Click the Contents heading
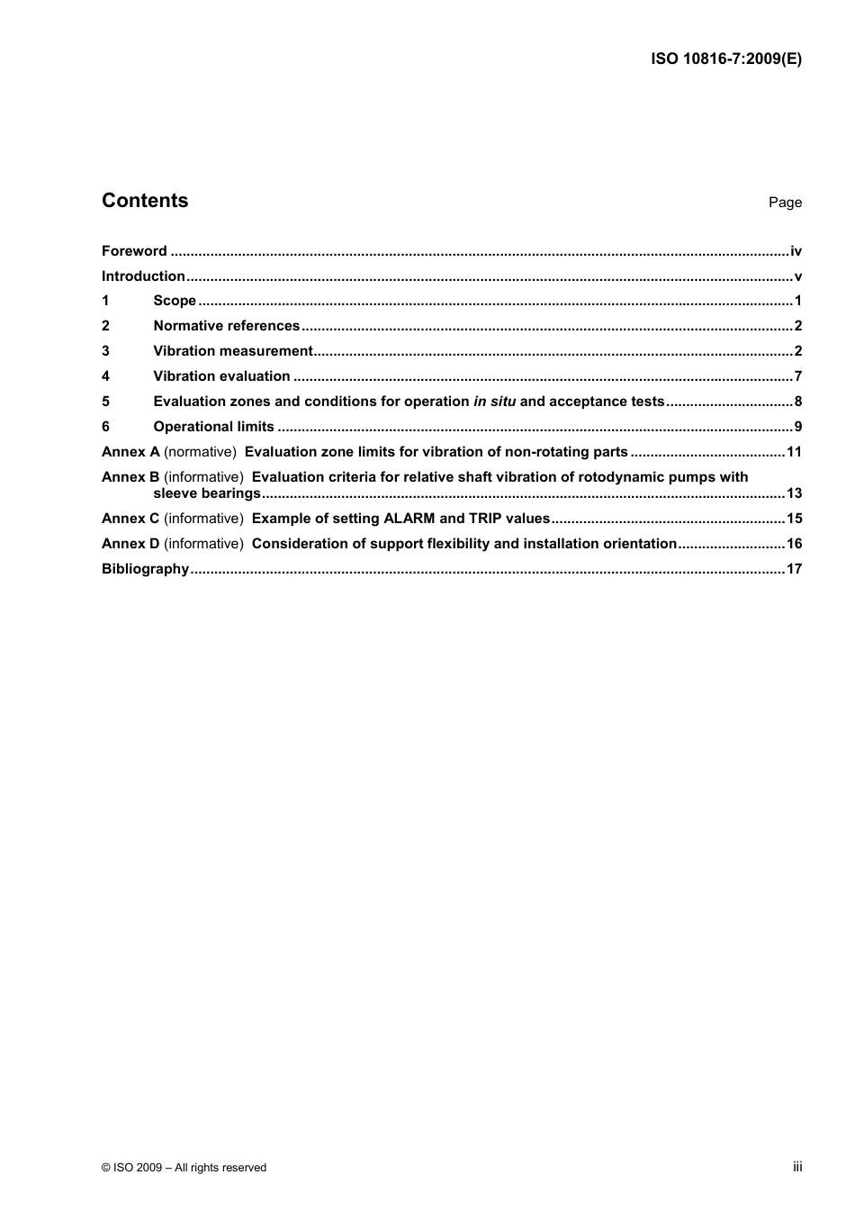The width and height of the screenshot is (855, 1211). point(145,201)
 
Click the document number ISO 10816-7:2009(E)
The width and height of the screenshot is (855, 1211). point(725,59)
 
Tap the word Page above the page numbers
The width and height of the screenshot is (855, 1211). point(785,203)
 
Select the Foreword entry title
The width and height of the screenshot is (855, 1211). point(134,251)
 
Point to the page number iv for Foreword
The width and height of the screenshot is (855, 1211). point(796,251)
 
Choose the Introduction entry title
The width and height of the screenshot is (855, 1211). point(143,276)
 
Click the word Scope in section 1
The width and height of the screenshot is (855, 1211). point(175,301)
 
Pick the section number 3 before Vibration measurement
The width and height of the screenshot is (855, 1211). point(105,351)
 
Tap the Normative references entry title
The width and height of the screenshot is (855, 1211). point(226,326)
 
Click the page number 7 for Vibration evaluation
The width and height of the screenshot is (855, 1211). point(797,376)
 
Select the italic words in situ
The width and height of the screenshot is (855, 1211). point(494,402)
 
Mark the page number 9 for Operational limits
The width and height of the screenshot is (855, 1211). point(797,427)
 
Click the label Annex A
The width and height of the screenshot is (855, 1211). point(130,452)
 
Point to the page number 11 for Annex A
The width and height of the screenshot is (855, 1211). point(794,452)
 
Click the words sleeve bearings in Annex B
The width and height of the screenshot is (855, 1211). point(207,493)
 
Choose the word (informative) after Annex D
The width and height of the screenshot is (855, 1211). point(203,544)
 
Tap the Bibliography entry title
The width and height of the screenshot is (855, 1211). point(145,569)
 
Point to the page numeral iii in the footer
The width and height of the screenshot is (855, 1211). point(797,1167)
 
